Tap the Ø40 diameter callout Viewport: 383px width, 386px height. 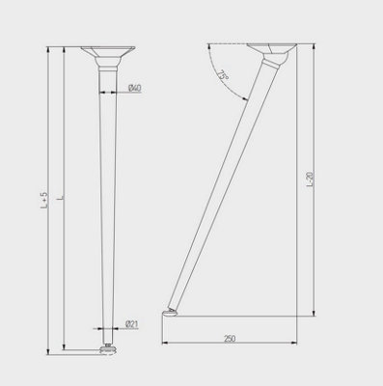(x=135, y=89)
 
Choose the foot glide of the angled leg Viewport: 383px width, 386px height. (x=173, y=312)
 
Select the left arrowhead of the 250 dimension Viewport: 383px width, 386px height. (x=165, y=344)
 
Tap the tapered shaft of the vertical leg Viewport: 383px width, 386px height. (x=105, y=193)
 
